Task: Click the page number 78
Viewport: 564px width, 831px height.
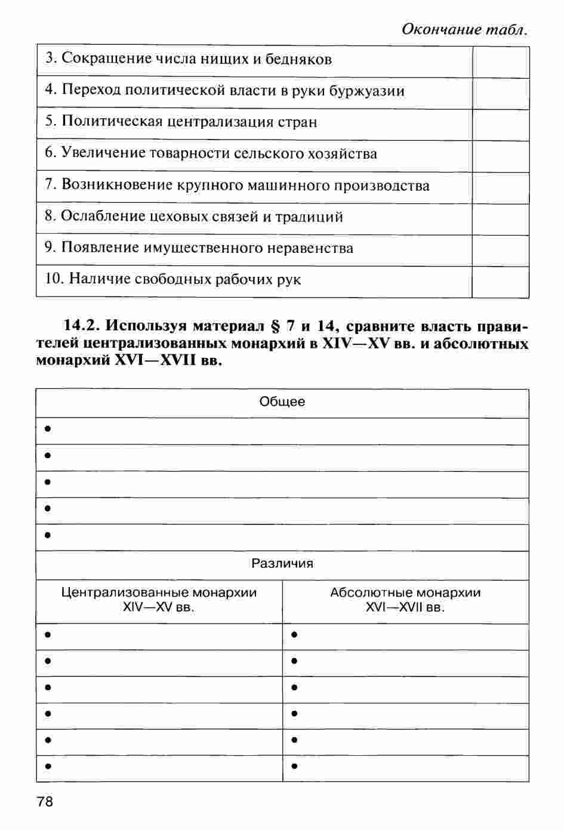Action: click(x=45, y=801)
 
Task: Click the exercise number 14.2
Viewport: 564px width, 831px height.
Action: click(x=83, y=326)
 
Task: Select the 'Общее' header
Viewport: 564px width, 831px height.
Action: click(x=282, y=402)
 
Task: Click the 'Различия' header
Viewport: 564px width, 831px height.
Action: click(x=282, y=564)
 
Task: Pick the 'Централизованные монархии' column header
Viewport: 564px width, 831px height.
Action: click(x=159, y=593)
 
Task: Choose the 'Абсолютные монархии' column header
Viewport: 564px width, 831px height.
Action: click(x=405, y=593)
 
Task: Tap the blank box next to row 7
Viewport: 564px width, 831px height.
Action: click(x=501, y=187)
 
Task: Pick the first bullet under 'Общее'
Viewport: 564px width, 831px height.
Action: click(x=47, y=430)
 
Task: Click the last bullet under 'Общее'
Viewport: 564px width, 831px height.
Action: click(x=47, y=536)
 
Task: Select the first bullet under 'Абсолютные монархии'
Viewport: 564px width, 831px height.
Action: click(x=294, y=635)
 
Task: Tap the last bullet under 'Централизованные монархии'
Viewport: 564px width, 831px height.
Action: click(x=47, y=767)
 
